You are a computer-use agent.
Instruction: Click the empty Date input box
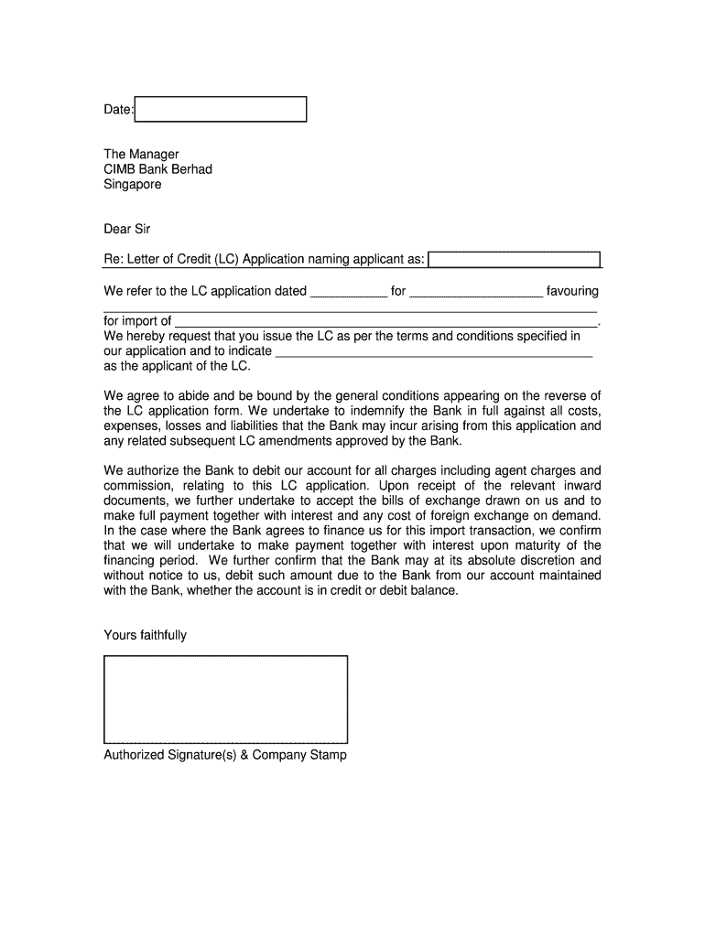[221, 110]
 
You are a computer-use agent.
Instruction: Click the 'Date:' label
[118, 110]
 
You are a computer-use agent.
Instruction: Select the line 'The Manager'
[141, 154]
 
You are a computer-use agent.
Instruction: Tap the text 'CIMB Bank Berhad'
[157, 169]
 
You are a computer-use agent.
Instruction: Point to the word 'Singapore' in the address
[132, 184]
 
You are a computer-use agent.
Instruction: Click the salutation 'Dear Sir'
[126, 229]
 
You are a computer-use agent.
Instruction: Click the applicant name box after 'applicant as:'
[515, 260]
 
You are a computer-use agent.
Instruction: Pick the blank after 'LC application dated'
[349, 293]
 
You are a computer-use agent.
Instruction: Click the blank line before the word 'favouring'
[475, 293]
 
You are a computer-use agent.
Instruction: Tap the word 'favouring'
[572, 291]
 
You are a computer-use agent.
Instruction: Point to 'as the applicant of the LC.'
[177, 366]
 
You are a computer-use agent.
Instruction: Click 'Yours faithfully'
[145, 635]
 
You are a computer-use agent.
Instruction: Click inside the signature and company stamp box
[225, 698]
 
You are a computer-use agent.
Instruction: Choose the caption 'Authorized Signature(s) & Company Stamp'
[225, 756]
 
